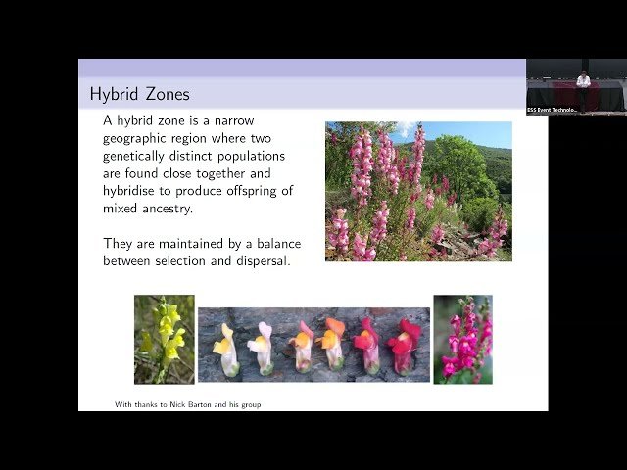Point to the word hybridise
click(139, 191)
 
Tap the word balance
click(274, 243)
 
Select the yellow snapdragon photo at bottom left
click(164, 339)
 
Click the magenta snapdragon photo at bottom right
click(462, 339)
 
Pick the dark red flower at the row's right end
click(402, 346)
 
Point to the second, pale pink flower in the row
click(262, 348)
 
